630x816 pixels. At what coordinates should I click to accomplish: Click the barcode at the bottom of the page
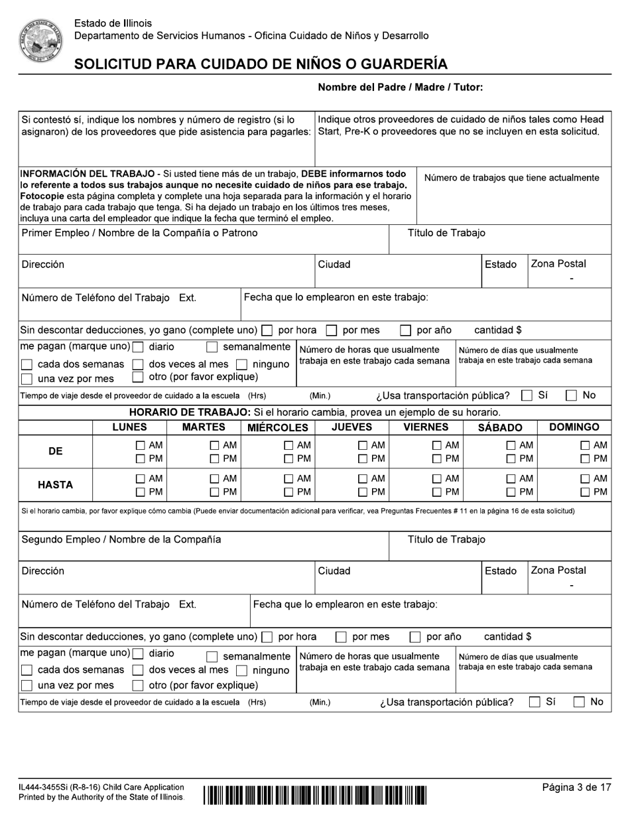(x=315, y=794)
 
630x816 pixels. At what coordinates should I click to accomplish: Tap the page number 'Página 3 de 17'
(x=576, y=787)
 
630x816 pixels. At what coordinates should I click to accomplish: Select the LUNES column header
(x=129, y=427)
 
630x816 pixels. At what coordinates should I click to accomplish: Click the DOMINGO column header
(x=574, y=427)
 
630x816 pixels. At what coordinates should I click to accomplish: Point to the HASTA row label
(x=56, y=485)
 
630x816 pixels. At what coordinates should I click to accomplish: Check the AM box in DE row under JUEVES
(x=363, y=446)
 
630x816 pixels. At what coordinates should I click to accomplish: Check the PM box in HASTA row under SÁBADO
(x=512, y=492)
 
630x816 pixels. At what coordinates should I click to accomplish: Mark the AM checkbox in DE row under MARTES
(x=215, y=446)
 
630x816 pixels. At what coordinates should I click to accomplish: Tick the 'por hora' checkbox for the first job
(x=267, y=330)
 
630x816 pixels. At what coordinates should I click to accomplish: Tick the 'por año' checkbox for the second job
(x=415, y=638)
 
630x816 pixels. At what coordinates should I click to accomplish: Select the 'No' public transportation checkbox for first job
(x=571, y=396)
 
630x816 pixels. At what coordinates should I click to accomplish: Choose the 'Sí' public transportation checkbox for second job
(x=535, y=702)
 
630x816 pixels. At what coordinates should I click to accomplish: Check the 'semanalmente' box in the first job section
(x=212, y=347)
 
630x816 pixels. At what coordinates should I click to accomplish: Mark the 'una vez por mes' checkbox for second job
(x=27, y=686)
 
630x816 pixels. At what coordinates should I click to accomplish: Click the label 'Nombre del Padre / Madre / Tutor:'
(x=401, y=87)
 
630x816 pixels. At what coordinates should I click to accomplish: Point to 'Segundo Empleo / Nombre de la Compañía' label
(x=121, y=539)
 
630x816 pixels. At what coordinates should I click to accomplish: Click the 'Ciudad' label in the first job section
(x=334, y=264)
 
